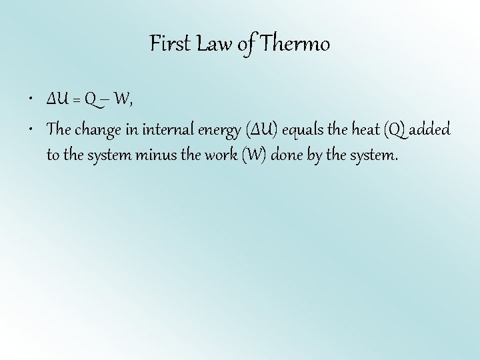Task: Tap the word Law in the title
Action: point(209,44)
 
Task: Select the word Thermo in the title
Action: point(295,44)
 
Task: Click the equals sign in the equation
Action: point(77,100)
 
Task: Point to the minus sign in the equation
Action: point(105,100)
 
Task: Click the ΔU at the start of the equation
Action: point(58,100)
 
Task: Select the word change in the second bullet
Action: point(98,129)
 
